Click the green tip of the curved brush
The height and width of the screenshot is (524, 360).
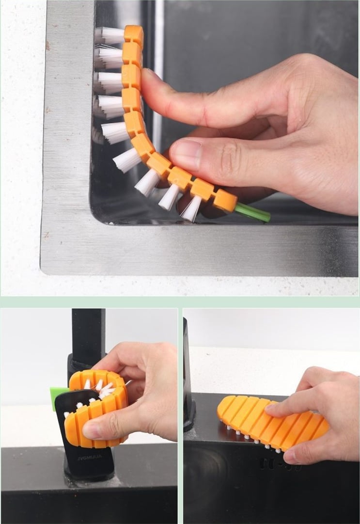click(253, 213)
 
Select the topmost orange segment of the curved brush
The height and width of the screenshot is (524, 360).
click(134, 34)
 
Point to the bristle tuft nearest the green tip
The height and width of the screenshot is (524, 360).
click(191, 208)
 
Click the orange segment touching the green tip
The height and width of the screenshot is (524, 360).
click(225, 200)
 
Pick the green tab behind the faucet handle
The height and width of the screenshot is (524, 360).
click(57, 397)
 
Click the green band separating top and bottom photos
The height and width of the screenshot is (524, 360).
click(180, 302)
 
